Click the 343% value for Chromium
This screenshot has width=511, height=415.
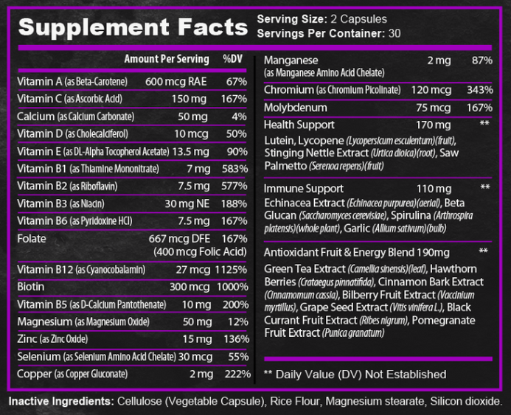(479, 90)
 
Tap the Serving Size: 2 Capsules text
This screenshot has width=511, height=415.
(321, 18)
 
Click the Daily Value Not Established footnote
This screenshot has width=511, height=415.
(355, 374)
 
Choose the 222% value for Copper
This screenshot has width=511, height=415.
(238, 374)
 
